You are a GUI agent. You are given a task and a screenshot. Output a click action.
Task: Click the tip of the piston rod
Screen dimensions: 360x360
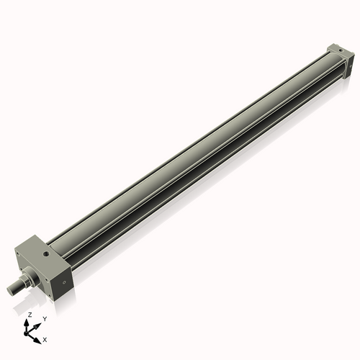pyautogui.click(x=11, y=289)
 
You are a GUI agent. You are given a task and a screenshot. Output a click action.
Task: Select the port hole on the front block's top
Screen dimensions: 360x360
pyautogui.click(x=45, y=253)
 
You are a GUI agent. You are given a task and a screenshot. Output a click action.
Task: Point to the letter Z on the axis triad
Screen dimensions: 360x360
pyautogui.click(x=30, y=315)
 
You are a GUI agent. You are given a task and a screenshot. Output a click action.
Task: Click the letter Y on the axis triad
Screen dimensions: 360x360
pyautogui.click(x=45, y=318)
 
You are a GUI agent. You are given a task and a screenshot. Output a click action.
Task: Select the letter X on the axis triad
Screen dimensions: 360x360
pyautogui.click(x=45, y=338)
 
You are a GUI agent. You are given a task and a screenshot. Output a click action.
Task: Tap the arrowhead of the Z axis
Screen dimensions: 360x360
pyautogui.click(x=29, y=322)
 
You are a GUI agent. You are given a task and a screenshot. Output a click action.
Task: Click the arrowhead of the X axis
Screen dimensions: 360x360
pyautogui.click(x=38, y=336)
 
